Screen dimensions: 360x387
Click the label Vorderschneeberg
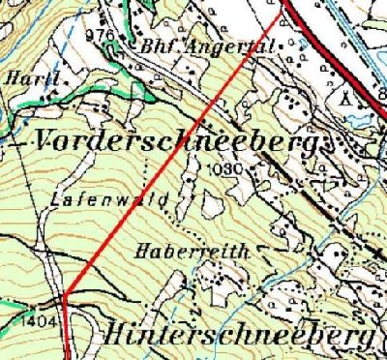tap(180, 140)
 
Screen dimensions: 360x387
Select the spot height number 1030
tap(220, 168)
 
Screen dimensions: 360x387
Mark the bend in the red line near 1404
tap(64, 301)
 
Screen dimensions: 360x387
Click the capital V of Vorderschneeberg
tap(45, 140)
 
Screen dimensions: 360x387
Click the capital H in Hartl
tap(14, 75)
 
